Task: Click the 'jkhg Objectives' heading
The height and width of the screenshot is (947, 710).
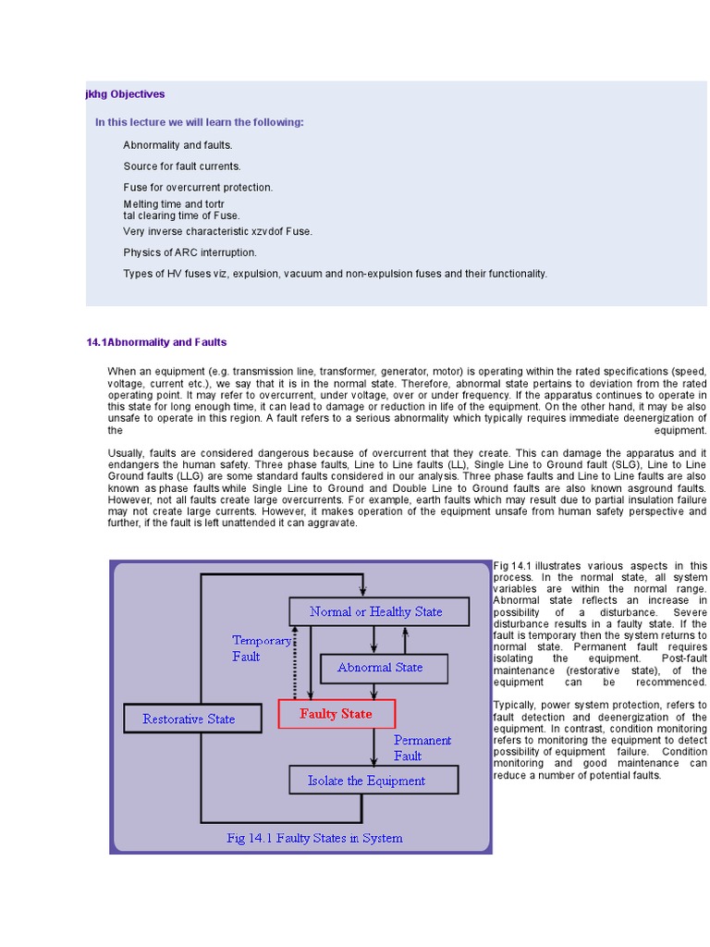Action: click(125, 94)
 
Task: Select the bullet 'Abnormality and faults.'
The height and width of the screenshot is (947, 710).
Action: click(177, 145)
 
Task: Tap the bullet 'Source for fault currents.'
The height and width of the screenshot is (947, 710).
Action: click(181, 166)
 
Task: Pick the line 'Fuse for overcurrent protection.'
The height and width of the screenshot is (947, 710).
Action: click(198, 188)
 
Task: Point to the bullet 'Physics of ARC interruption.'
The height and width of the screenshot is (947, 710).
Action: click(190, 252)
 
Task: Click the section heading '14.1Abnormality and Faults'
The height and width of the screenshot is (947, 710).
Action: click(156, 342)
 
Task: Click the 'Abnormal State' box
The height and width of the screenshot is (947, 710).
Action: click(380, 668)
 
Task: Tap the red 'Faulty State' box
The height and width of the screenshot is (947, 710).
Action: click(337, 714)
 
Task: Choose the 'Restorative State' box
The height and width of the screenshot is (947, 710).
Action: click(189, 719)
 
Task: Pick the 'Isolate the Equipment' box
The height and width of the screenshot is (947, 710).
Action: click(366, 781)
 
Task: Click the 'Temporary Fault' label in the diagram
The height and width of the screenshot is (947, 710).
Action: click(261, 648)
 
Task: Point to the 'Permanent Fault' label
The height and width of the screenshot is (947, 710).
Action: click(422, 747)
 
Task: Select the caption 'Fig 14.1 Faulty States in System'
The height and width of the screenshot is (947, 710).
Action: click(314, 839)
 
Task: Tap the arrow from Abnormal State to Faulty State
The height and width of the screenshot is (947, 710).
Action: click(373, 691)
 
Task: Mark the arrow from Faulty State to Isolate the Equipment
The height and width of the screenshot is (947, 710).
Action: click(373, 746)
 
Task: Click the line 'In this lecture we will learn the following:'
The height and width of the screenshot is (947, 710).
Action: click(199, 123)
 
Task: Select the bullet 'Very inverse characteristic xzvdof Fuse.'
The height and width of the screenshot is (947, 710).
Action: click(217, 231)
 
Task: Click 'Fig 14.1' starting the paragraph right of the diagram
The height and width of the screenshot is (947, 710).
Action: click(509, 566)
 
